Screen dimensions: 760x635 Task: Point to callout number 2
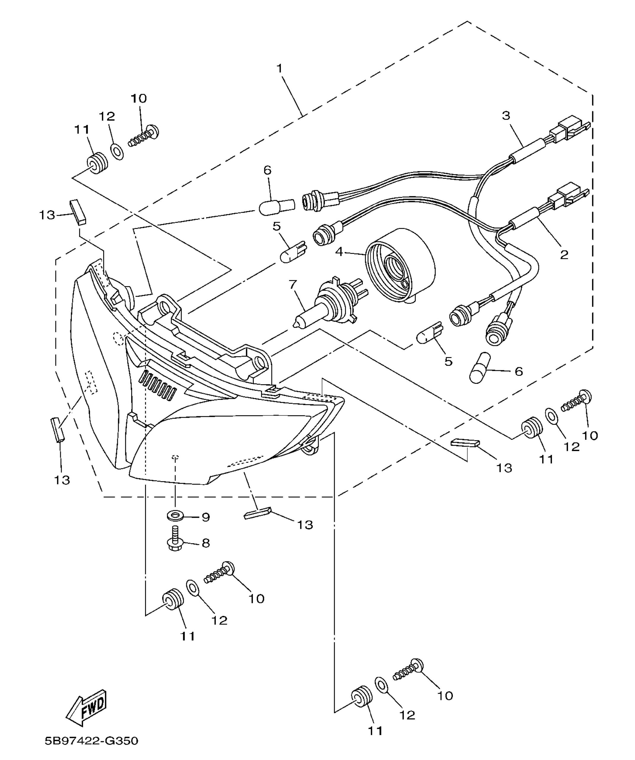[564, 254]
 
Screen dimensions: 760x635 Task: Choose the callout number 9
[206, 517]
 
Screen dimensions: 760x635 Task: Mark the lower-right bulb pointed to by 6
[479, 367]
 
